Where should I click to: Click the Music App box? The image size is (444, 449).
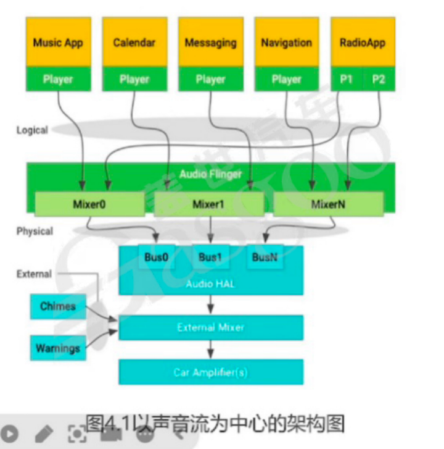(x=58, y=42)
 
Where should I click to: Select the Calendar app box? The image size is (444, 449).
(x=134, y=42)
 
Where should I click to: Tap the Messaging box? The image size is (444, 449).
(x=211, y=42)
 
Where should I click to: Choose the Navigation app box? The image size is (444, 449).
(x=287, y=42)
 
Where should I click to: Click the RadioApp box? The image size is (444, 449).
(x=363, y=42)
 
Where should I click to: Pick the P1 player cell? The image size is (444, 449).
(x=347, y=79)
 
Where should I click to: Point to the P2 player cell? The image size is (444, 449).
(x=379, y=79)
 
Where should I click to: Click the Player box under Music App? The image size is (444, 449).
(x=58, y=79)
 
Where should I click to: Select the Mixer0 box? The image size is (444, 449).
(x=89, y=204)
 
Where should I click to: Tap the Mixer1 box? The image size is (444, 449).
(x=208, y=204)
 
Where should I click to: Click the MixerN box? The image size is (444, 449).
(x=328, y=204)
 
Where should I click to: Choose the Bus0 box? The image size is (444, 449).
(x=156, y=257)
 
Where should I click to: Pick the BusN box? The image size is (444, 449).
(x=265, y=257)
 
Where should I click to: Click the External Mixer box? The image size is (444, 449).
(x=211, y=327)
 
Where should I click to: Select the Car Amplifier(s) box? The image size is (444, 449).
(x=211, y=372)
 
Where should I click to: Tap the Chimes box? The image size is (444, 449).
(x=58, y=306)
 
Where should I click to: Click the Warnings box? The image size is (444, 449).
(x=58, y=348)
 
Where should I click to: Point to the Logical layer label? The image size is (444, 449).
(x=31, y=130)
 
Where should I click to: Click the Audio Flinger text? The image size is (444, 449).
(x=211, y=174)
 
